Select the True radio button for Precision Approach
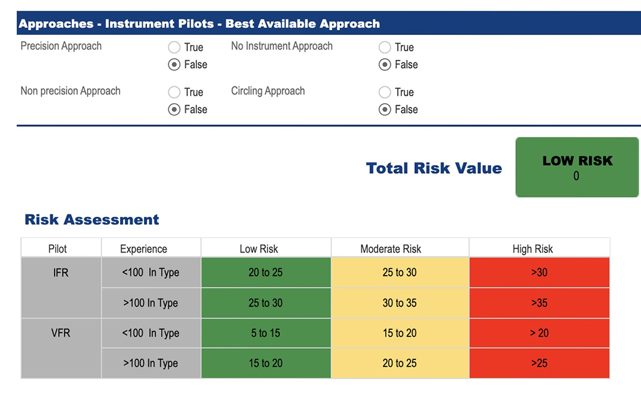pos(175,47)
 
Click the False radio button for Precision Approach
pos(175,65)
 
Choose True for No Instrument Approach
pos(385,47)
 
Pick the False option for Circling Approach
pos(385,110)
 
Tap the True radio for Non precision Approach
pos(175,92)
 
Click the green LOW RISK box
pos(577,167)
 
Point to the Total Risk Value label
pos(434,168)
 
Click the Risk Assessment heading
pos(92,220)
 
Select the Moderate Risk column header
pos(399,249)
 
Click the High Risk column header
pos(533,249)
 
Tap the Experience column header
pos(143,249)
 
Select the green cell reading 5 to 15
pos(265,333)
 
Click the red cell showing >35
pos(539,303)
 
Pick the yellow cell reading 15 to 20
pos(399,333)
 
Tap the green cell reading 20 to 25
pos(265,272)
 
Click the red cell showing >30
pos(539,272)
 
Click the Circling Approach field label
pos(268,91)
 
